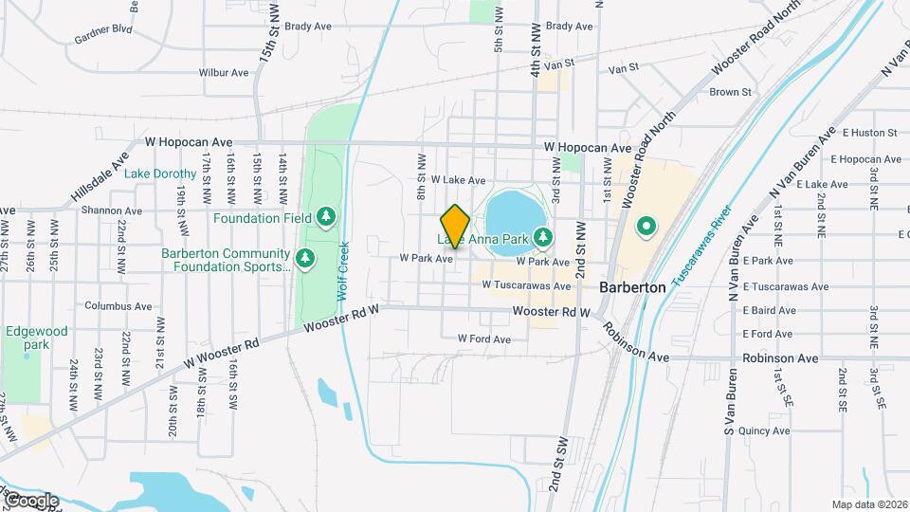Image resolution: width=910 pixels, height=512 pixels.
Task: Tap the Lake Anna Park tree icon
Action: click(x=543, y=236)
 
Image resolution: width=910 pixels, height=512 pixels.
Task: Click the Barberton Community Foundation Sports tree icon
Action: click(x=305, y=257)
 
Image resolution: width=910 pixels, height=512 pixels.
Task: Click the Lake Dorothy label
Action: click(x=161, y=174)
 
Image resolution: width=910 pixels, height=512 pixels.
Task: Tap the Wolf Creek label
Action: click(x=343, y=270)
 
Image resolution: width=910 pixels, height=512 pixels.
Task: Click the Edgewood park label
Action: click(x=37, y=338)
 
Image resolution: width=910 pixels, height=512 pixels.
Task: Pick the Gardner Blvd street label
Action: click(x=102, y=41)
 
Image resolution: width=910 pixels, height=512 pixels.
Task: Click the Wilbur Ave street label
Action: click(x=224, y=72)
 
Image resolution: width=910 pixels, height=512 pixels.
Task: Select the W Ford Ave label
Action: click(x=483, y=338)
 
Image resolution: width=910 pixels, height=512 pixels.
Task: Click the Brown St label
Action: click(x=730, y=92)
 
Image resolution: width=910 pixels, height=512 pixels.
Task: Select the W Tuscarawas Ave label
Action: click(x=526, y=284)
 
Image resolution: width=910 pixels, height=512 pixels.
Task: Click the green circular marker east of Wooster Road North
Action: click(x=647, y=227)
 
